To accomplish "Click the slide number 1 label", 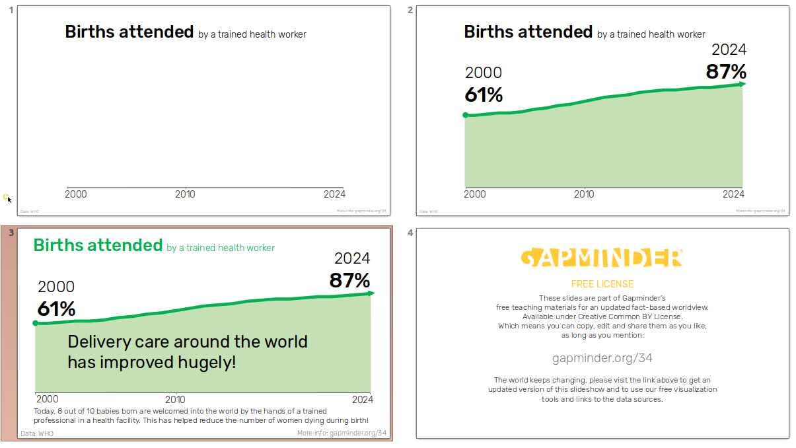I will click(11, 10).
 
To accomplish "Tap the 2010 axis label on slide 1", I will click(185, 194).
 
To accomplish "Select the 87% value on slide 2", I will click(726, 71).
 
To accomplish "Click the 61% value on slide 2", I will click(484, 95).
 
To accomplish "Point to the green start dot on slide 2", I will click(466, 115).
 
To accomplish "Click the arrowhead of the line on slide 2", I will click(742, 84).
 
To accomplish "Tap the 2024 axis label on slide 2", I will click(733, 194).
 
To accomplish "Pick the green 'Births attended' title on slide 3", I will click(98, 245).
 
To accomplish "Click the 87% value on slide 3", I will click(349, 280).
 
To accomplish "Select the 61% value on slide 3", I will click(56, 309).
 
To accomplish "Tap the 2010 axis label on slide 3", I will click(175, 400).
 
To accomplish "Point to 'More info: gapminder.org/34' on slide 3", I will click(342, 433).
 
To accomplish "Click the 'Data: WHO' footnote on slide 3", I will click(37, 433).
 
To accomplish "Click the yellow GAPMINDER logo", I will click(602, 258).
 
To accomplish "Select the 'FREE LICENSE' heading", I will click(602, 284).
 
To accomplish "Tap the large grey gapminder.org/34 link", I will click(602, 358).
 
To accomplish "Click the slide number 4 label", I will click(410, 233).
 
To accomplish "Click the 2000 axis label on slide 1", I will click(76, 194).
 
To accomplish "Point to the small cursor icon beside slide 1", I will click(7, 198).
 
